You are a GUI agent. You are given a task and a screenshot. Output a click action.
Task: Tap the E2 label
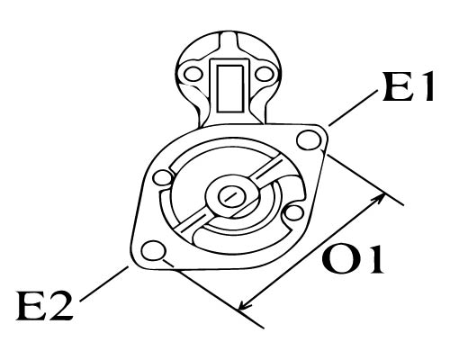point(45,305)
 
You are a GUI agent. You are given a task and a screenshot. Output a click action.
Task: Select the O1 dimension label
point(353,258)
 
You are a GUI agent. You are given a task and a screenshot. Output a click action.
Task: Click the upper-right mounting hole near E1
point(310,139)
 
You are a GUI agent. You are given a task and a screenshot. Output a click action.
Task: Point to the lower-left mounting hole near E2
point(154,251)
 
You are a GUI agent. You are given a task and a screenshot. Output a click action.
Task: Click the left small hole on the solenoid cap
point(193,74)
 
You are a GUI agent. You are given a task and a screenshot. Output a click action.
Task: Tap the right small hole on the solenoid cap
point(265,74)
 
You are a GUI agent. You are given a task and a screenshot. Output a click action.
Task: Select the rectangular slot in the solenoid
point(229,88)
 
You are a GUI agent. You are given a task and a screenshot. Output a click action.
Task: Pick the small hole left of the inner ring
point(163,178)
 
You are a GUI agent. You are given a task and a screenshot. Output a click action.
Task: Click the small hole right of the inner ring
point(293,213)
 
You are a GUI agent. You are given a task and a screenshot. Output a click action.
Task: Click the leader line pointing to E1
point(353,108)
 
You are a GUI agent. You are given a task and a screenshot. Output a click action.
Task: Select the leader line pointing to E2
point(104,283)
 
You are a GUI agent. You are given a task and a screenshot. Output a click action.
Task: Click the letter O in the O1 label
point(339,258)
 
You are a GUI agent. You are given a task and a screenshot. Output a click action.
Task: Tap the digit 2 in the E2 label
point(61,305)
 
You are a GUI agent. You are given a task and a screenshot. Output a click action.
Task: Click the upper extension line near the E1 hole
point(365,180)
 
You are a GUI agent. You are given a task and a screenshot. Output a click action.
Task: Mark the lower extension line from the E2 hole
point(213,294)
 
